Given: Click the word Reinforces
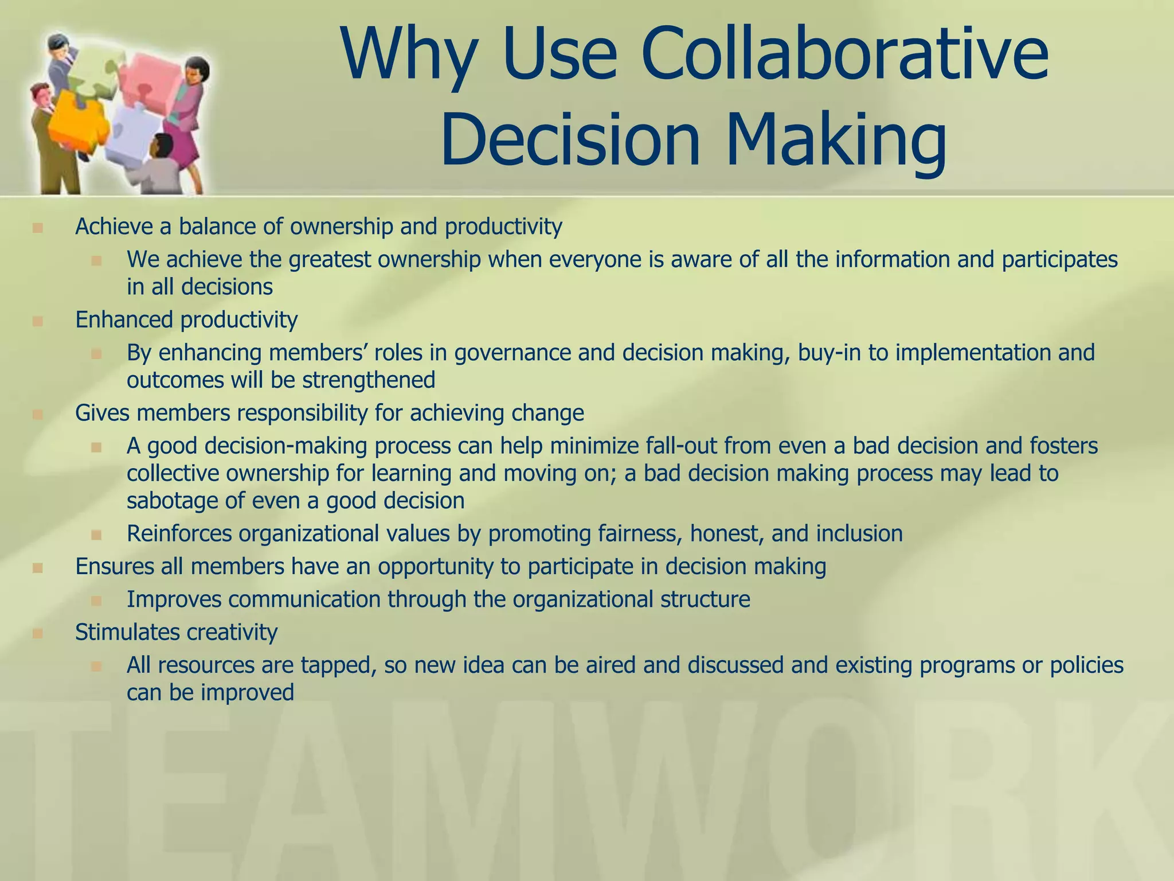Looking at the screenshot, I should pos(179,534).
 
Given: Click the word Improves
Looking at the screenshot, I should pos(173,599).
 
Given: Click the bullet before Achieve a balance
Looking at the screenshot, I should pos(38,228).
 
